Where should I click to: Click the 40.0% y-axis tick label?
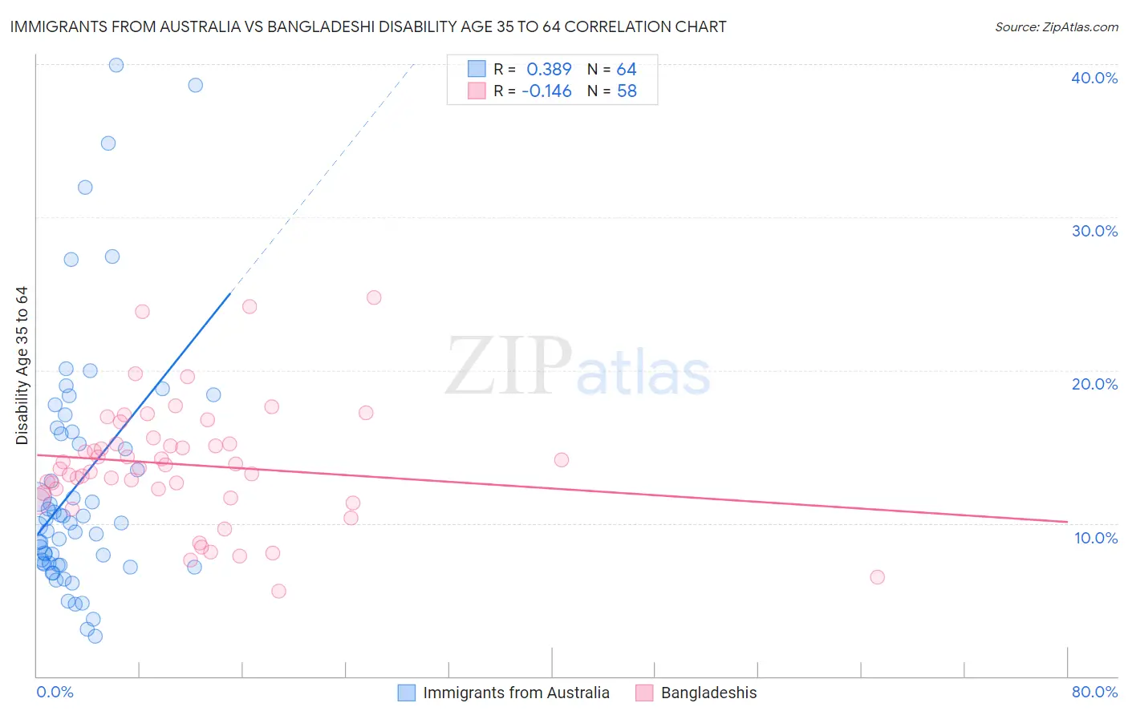tap(1094, 78)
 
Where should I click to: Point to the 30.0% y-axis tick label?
tap(1094, 231)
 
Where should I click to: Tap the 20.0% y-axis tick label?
tap(1094, 384)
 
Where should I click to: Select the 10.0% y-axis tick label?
tap(1096, 538)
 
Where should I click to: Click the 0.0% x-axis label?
tap(55, 692)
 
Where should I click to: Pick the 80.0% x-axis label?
tap(1094, 692)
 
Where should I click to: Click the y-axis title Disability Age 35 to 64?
tap(22, 366)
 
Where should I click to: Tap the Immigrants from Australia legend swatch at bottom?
tap(407, 693)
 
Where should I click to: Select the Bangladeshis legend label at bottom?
tap(708, 693)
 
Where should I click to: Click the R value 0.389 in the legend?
tap(549, 70)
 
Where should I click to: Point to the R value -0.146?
tap(546, 91)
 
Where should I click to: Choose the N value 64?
tap(627, 70)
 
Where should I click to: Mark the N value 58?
tap(627, 91)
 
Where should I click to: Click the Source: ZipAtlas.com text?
tap(1056, 27)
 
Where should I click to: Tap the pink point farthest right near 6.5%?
tap(877, 577)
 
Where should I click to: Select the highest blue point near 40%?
tap(116, 65)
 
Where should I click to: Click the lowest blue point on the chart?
tap(95, 636)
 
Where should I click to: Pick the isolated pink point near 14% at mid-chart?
tap(562, 460)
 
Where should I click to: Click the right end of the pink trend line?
tap(1067, 522)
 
